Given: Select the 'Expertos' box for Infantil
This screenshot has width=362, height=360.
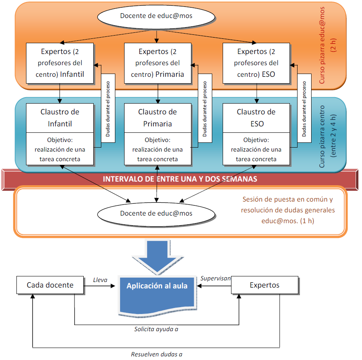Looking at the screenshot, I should [x=60, y=63].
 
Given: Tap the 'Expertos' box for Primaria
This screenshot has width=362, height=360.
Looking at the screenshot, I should [x=157, y=63].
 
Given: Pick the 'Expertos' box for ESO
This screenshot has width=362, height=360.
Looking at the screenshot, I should [x=256, y=63].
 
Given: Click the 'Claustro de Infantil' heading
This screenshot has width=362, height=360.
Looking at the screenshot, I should [x=60, y=118].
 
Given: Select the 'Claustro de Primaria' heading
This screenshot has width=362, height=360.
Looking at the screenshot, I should [x=157, y=118].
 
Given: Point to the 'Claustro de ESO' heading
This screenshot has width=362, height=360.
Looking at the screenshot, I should [x=256, y=118].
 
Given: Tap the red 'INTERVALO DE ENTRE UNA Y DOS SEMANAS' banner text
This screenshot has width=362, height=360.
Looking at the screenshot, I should [x=180, y=179].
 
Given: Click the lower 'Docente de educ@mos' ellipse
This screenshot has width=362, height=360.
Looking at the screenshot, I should [x=156, y=213].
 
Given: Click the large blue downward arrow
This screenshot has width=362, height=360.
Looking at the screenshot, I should [x=157, y=256].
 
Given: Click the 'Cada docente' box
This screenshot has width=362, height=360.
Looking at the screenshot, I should [x=50, y=285].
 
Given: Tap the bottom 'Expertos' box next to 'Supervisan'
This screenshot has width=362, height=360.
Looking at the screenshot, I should [x=265, y=285].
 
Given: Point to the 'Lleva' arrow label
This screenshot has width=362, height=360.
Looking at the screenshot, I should [x=100, y=280].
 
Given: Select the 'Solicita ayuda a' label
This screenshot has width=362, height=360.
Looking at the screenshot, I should [x=156, y=330].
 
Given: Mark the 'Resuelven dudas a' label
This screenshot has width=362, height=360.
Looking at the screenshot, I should [x=157, y=354].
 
